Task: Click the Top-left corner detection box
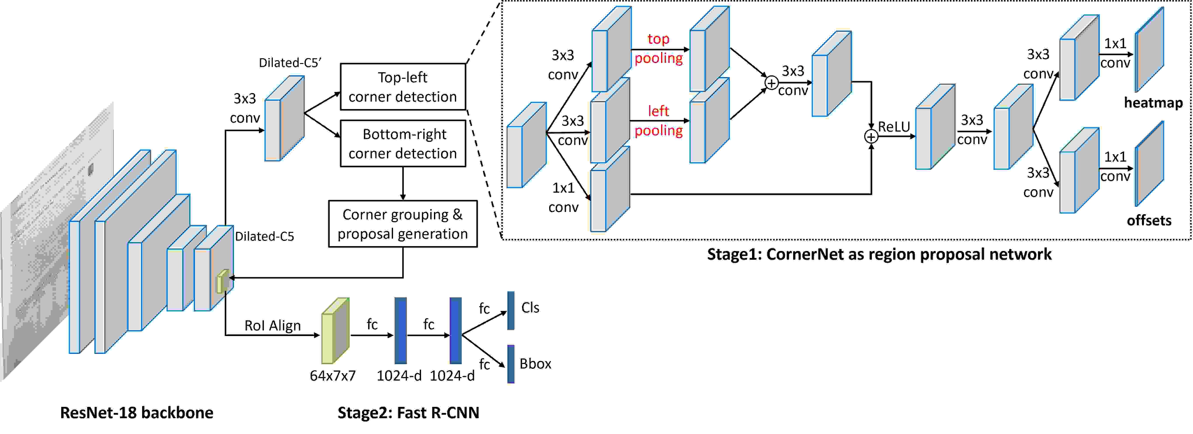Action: pos(403,87)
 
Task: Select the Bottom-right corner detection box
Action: pos(403,143)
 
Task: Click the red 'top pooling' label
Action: pos(658,48)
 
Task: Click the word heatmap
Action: pos(1153,102)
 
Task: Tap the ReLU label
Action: pos(894,127)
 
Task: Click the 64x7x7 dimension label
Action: pos(333,376)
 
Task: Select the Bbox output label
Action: pos(535,363)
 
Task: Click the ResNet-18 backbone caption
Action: pos(137,413)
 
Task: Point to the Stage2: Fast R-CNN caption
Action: pos(408,413)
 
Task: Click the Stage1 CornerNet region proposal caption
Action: pos(879,254)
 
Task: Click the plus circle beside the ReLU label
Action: pos(871,137)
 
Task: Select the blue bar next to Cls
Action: pos(511,311)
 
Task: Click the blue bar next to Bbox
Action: pos(511,364)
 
